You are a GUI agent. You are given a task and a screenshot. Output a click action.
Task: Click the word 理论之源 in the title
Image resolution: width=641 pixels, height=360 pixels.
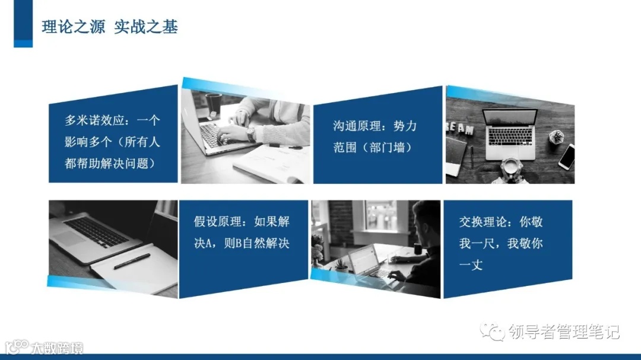(x=74, y=27)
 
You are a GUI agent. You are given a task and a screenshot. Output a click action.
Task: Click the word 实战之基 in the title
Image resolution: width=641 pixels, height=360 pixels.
(x=146, y=27)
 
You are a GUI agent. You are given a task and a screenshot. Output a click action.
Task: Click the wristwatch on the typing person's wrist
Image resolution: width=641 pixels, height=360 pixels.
(x=252, y=133)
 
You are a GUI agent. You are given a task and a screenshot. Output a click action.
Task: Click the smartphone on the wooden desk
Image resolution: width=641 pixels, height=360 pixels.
(x=566, y=157)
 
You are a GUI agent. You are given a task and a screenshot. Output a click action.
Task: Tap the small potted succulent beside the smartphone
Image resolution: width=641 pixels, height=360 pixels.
(x=556, y=136)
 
